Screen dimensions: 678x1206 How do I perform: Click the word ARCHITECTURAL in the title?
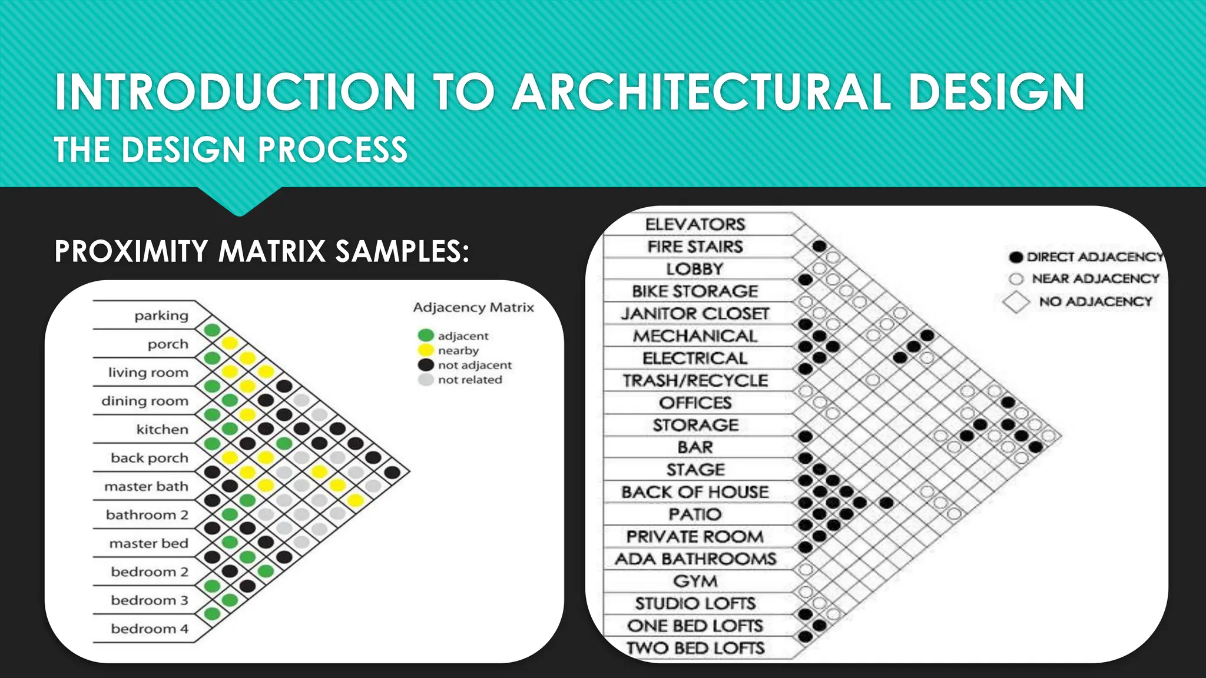(701, 92)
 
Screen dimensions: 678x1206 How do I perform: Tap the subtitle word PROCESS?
(333, 149)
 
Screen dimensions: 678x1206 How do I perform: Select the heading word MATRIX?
(272, 251)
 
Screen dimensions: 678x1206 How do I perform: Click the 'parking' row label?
(161, 316)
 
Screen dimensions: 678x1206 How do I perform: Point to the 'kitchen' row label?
(162, 430)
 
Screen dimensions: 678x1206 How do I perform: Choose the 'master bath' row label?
(146, 487)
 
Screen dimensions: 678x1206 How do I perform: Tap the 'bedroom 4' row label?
(150, 629)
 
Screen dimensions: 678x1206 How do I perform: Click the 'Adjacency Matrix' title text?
(473, 307)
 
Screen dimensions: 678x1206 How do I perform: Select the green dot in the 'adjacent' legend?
(425, 335)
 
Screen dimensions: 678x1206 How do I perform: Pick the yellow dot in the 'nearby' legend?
(425, 350)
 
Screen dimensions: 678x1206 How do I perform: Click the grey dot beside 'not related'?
(425, 380)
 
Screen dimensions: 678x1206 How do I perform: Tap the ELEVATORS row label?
(695, 224)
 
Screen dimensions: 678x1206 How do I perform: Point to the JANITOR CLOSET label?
(695, 314)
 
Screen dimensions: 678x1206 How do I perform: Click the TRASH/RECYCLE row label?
(695, 381)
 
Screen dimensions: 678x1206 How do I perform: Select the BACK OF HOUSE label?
(695, 492)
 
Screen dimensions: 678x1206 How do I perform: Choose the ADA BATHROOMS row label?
(695, 559)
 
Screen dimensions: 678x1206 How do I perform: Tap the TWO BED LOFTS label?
(695, 648)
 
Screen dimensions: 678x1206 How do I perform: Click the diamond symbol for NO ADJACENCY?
(1016, 302)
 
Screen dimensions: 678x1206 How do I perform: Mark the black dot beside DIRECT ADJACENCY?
(1016, 257)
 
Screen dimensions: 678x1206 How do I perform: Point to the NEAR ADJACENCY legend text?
(1095, 278)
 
